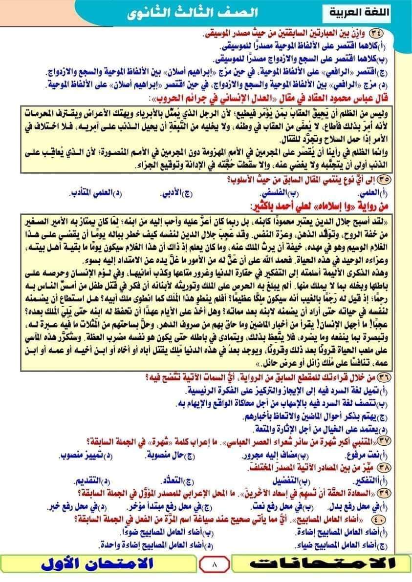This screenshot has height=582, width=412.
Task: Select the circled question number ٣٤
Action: [390, 34]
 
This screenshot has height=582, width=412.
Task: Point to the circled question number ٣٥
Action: [390, 179]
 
